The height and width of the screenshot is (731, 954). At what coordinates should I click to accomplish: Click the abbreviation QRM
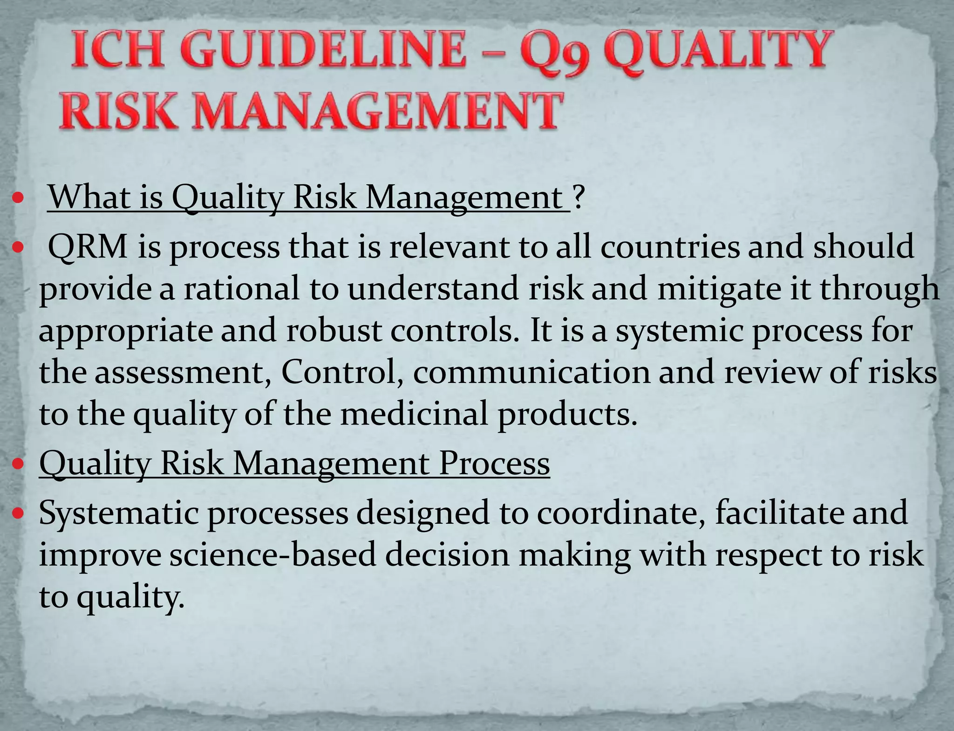88,247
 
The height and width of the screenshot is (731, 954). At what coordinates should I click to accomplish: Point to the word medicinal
414,414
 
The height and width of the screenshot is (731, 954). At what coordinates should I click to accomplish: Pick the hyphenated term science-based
273,555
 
